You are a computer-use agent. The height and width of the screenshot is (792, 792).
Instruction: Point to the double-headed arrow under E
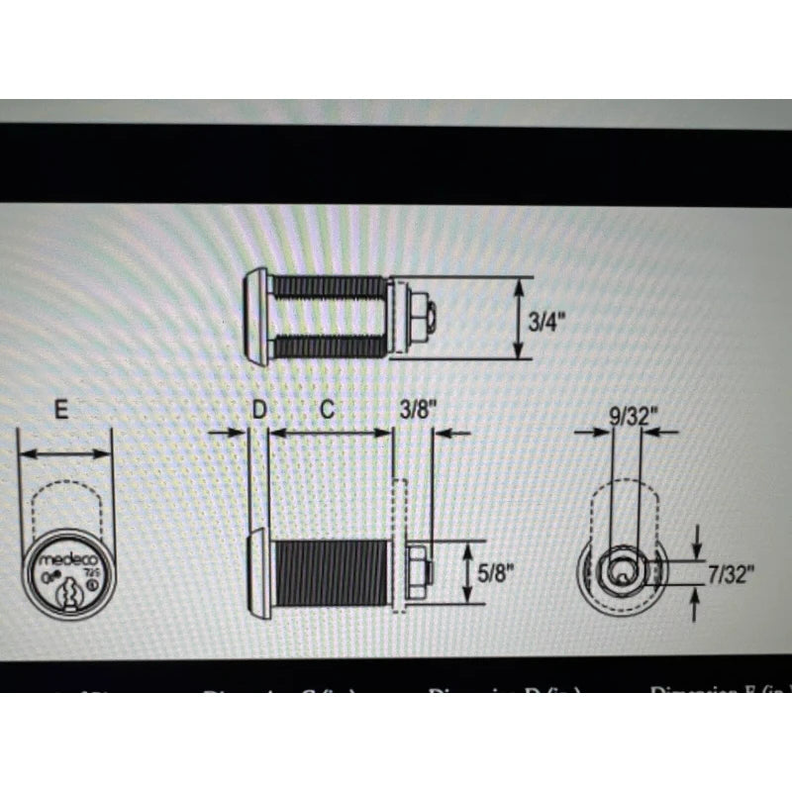(65, 453)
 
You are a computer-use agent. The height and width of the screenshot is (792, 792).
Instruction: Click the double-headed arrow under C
(331, 433)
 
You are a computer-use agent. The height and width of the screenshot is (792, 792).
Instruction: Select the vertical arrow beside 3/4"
(518, 319)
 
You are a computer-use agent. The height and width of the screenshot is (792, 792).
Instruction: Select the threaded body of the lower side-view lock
(331, 574)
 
